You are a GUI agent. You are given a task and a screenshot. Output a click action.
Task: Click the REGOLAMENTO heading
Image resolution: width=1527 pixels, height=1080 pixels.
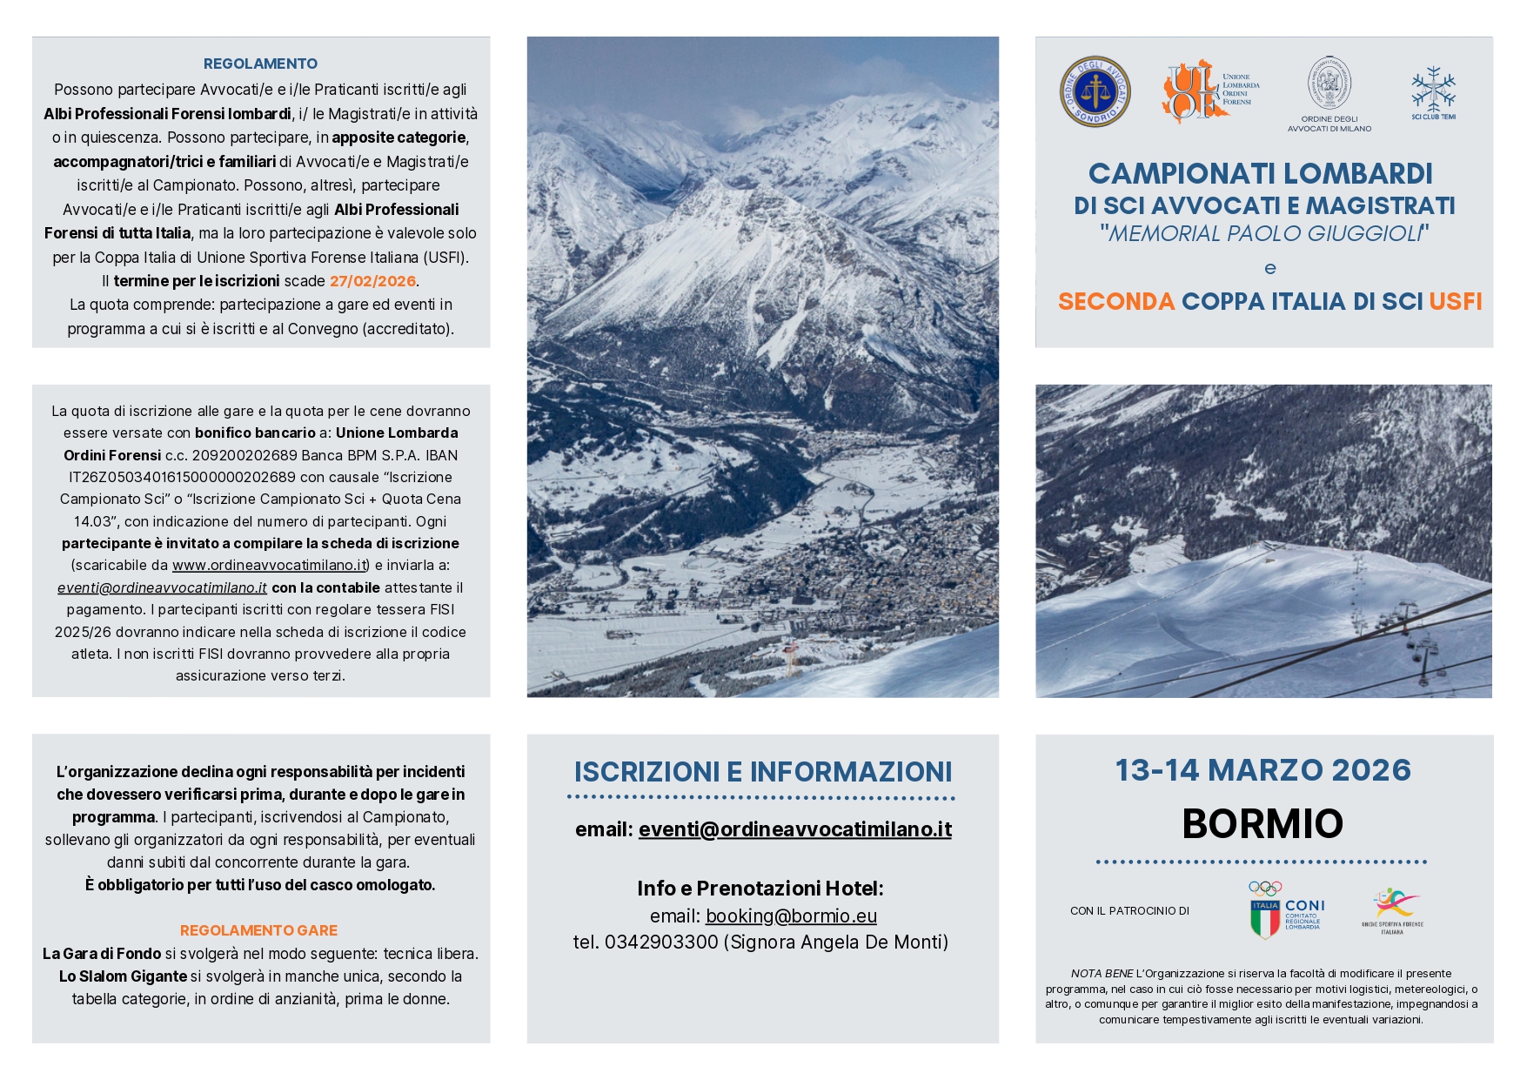(260, 64)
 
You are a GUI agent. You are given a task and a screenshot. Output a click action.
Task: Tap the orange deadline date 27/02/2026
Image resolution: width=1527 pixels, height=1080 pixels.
(372, 281)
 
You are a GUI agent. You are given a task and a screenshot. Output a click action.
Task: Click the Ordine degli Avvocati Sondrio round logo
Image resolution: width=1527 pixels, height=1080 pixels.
(1095, 91)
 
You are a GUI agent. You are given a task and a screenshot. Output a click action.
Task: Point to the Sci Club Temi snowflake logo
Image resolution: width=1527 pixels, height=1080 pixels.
(1433, 91)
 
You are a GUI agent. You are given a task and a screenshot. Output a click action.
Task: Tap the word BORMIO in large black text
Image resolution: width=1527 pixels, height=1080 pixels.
(1262, 823)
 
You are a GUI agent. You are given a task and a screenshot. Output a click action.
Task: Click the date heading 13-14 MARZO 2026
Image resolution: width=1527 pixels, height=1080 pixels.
(1262, 770)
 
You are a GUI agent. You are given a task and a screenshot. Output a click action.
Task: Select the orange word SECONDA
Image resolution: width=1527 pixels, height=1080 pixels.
(1115, 301)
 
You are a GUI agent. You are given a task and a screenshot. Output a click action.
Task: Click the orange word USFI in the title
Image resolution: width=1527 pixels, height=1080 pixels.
(1455, 301)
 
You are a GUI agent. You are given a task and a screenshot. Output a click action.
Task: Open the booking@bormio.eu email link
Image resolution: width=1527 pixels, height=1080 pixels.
(791, 916)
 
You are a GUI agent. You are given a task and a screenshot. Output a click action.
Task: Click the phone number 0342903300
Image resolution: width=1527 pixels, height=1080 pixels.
(661, 942)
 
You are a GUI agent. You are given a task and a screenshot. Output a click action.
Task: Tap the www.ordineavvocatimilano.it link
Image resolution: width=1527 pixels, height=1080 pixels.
(270, 566)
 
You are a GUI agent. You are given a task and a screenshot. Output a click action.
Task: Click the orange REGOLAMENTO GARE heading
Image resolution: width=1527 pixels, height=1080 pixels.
(258, 930)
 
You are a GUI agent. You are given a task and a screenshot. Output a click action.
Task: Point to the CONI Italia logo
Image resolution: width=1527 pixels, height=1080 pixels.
(1286, 911)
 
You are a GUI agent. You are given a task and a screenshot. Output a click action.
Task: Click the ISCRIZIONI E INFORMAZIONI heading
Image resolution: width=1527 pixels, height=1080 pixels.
(762, 772)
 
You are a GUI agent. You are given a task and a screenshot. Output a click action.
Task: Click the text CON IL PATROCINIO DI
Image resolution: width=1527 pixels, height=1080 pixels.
(1129, 911)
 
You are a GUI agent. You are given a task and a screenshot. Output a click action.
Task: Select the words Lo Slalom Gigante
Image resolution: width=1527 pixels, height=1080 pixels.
(123, 976)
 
